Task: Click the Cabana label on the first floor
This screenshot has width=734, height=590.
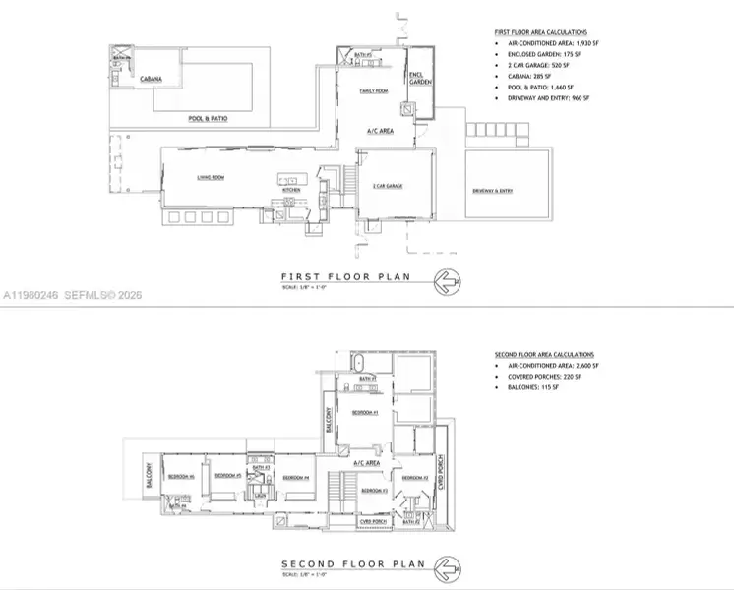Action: coord(151,78)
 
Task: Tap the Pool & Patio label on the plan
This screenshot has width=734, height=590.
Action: coord(209,119)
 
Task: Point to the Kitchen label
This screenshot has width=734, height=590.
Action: coord(291,190)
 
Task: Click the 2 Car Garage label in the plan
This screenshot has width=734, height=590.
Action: coord(388,186)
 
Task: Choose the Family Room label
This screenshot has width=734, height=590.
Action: coord(375,90)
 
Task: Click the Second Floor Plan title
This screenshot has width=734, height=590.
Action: coord(352,564)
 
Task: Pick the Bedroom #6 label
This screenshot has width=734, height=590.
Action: coord(180,477)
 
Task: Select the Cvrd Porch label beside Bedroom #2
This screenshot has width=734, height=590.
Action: coord(444,471)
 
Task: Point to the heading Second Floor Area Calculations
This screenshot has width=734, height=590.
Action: coord(544,354)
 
